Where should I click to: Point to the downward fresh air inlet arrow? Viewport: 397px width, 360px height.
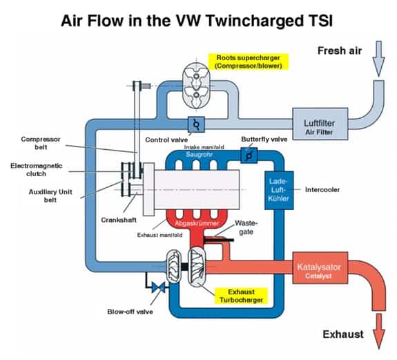(378, 59)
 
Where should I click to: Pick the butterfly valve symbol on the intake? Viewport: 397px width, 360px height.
(246, 156)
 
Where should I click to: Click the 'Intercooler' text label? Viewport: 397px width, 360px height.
(322, 189)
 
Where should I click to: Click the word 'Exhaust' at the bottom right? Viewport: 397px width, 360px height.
(342, 334)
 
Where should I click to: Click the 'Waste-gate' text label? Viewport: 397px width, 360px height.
(246, 227)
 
